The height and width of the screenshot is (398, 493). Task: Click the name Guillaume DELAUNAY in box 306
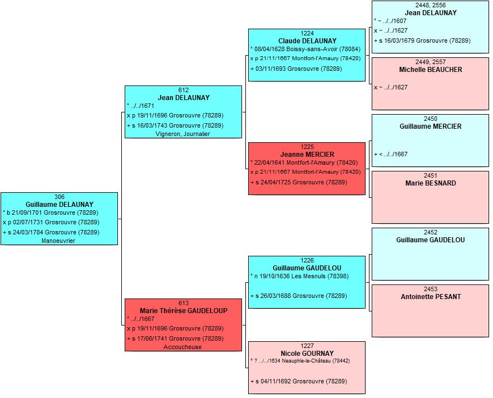coord(60,205)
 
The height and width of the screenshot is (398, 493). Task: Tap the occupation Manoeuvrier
coord(58,241)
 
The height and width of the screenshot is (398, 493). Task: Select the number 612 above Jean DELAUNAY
coord(183,90)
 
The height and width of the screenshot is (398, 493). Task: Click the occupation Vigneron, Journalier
coord(182,134)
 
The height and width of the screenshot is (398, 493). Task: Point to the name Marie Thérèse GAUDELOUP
coord(184,311)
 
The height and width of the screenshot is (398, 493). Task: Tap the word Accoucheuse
coord(182,347)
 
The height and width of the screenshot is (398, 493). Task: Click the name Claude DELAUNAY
coord(307,41)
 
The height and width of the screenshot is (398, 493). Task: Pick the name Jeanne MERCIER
coord(307,155)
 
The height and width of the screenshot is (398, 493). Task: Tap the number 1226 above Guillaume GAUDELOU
coord(307,260)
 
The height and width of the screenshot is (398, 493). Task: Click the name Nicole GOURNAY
coord(307,353)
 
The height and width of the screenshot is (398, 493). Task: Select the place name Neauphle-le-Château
coord(306,361)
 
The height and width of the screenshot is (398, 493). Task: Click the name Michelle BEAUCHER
coord(431,70)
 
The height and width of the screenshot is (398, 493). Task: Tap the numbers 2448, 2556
coord(431,5)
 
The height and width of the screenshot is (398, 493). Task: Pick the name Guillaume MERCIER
coord(431,126)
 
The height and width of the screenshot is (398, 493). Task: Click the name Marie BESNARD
coord(431,183)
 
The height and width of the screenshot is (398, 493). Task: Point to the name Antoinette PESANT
coord(431,297)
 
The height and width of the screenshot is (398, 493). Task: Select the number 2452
coord(431,232)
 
